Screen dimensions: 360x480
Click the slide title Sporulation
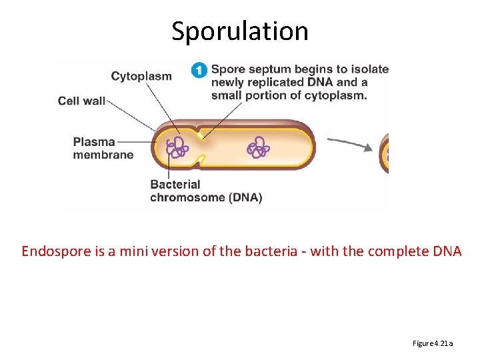tap(240, 31)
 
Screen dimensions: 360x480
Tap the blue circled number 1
tap(199, 70)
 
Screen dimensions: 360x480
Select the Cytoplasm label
tap(141, 76)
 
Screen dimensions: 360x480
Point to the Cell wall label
tap(81, 101)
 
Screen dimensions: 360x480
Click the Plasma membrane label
tap(103, 148)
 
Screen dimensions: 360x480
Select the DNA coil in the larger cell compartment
tap(257, 147)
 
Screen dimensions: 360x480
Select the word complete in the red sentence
tap(401, 251)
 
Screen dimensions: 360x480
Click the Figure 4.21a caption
tap(433, 343)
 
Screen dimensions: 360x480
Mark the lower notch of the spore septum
tap(201, 161)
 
